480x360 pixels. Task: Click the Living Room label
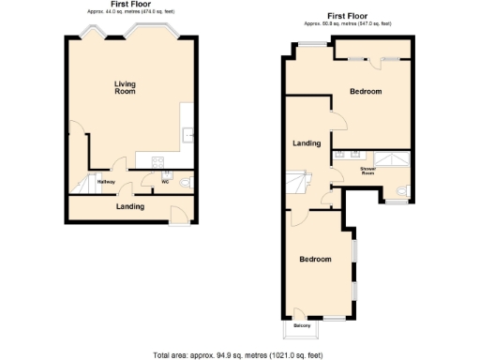(125, 88)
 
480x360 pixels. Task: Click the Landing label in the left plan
(130, 206)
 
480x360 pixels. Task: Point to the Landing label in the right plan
(307, 143)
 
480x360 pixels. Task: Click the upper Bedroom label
(366, 91)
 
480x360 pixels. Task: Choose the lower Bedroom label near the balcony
(315, 259)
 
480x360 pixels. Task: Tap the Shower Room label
(367, 171)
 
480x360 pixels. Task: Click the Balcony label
(302, 325)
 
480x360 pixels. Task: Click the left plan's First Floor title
(130, 4)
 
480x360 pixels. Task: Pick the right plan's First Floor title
(348, 15)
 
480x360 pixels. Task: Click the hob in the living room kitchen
(157, 162)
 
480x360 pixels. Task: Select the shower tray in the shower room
(393, 157)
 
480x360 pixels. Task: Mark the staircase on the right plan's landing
(298, 179)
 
